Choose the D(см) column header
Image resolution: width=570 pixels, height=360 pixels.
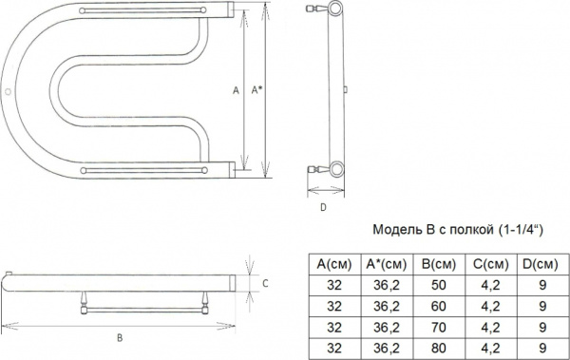coord(541,264)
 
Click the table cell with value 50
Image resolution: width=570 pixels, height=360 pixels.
coord(439,285)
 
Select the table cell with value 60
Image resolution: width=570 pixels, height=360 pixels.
coord(439,305)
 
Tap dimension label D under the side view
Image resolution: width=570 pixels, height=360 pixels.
coord(323,206)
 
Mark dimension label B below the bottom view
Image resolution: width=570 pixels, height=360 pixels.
coord(119,337)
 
